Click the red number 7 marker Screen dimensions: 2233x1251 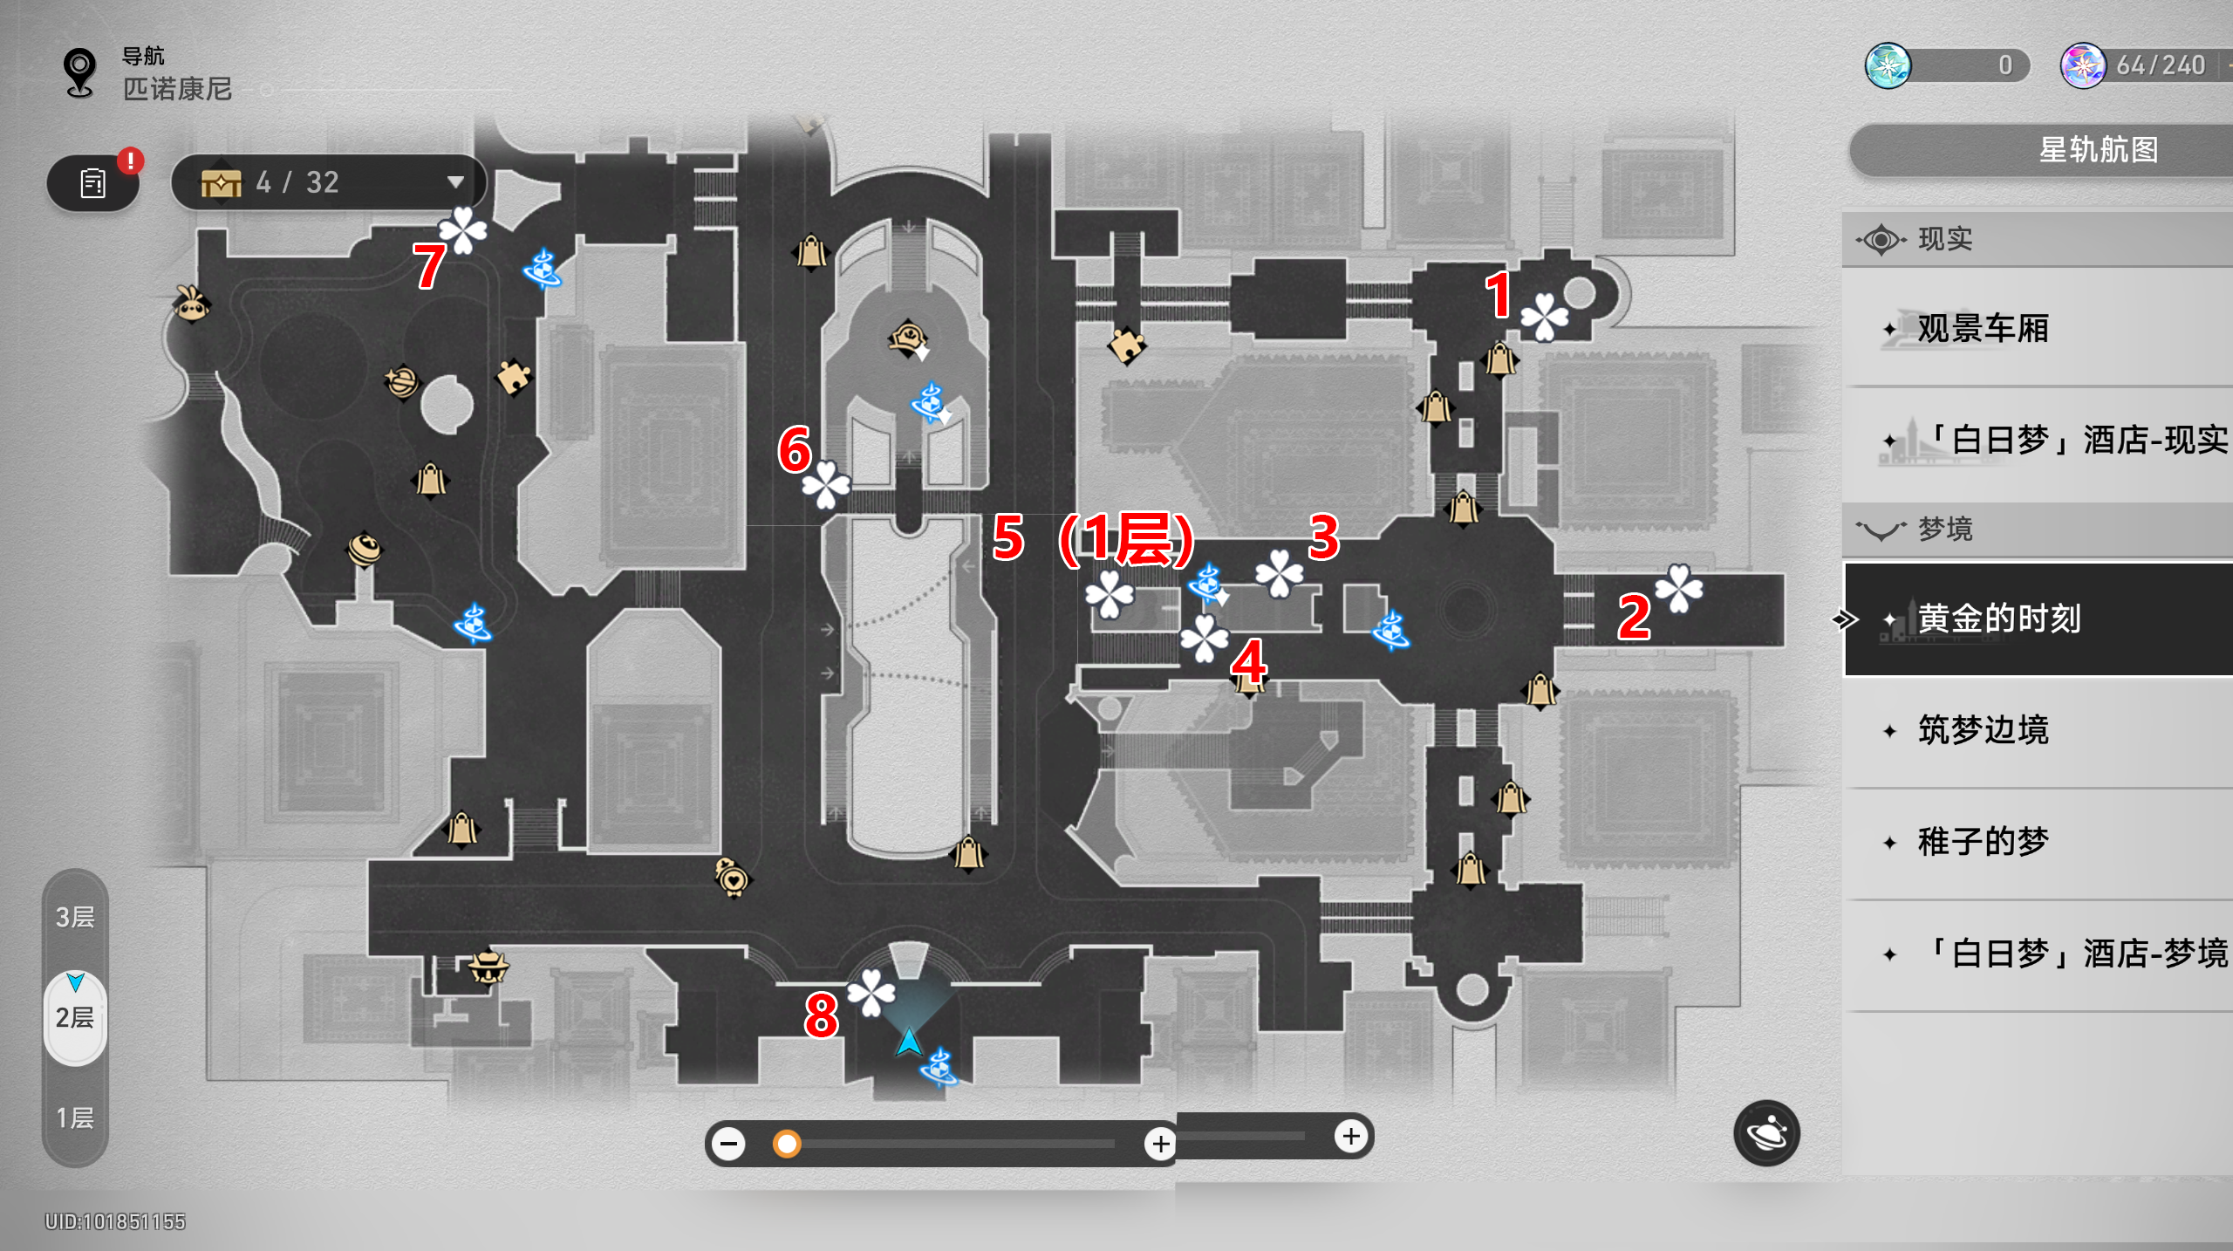coord(429,266)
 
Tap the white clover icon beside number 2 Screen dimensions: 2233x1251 coord(1679,588)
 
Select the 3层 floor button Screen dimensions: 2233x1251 coord(75,917)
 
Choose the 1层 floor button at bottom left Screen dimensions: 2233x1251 coord(75,1118)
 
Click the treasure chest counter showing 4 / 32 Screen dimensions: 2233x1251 coord(330,182)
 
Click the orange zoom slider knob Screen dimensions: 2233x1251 coord(787,1144)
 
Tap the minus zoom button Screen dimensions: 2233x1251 coord(728,1144)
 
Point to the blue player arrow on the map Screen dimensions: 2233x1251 coord(909,1042)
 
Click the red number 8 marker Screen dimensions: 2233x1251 coord(822,1015)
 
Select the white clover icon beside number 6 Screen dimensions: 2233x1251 coord(826,484)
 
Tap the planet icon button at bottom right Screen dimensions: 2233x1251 coord(1767,1133)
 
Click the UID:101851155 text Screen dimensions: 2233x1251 coord(115,1221)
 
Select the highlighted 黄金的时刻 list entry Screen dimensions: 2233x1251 coord(2038,619)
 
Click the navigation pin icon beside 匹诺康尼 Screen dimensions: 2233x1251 coord(79,72)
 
